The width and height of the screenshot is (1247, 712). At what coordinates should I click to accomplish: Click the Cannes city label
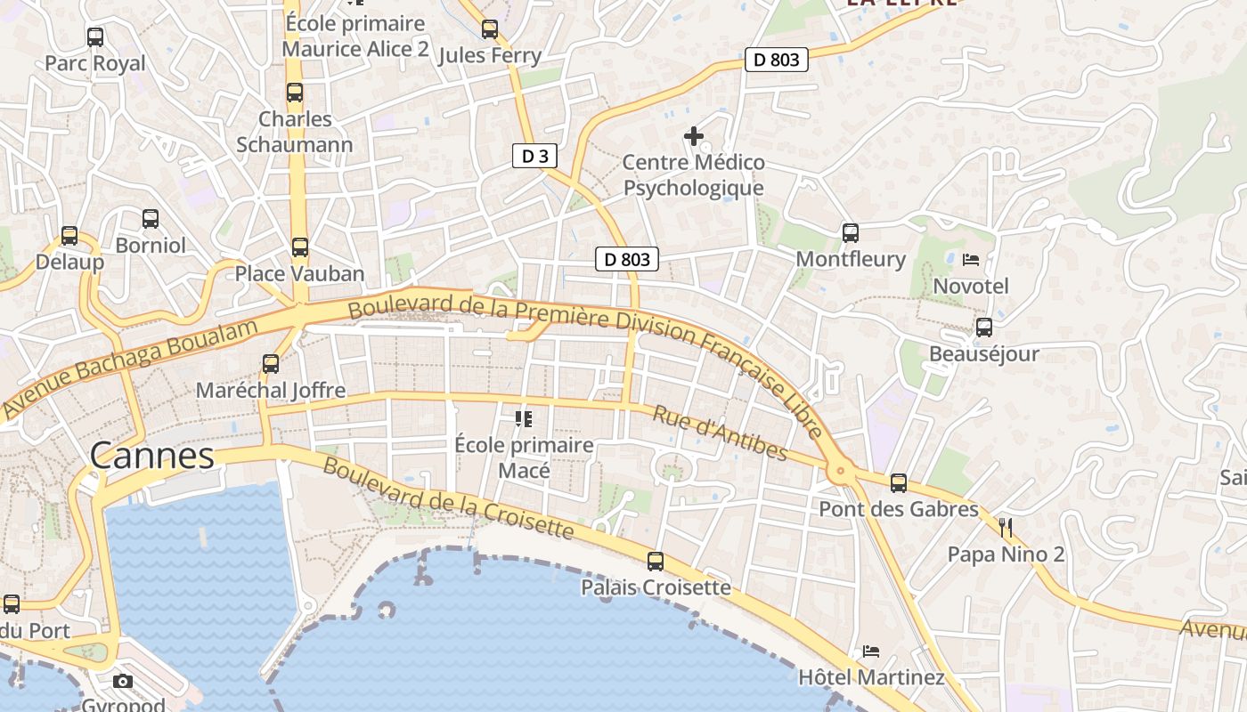[x=151, y=456]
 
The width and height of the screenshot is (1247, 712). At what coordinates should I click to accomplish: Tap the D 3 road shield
[x=534, y=157]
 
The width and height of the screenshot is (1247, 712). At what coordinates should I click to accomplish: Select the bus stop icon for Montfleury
[x=851, y=233]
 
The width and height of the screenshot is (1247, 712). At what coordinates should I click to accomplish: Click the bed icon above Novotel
[x=971, y=260]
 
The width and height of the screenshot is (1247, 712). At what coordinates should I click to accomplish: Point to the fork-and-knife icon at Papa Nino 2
[x=1006, y=528]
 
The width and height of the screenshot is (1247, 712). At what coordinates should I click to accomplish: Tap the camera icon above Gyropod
[x=123, y=682]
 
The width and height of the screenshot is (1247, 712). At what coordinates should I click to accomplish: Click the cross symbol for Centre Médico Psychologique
[x=693, y=136]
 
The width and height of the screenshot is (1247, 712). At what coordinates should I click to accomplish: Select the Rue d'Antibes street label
[x=720, y=434]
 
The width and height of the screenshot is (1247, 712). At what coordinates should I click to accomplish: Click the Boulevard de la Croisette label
[x=448, y=498]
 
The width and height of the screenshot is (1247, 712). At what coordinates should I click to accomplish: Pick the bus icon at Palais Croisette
[x=656, y=561]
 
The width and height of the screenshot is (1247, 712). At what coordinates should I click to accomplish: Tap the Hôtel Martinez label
[x=871, y=677]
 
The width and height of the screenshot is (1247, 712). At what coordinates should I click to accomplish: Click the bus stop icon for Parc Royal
[x=95, y=37]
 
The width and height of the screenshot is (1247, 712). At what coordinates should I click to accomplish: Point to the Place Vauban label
[x=299, y=273]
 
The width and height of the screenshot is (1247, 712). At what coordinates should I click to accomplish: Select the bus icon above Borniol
[x=151, y=219]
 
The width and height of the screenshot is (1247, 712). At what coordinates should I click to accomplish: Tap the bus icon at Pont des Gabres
[x=899, y=483]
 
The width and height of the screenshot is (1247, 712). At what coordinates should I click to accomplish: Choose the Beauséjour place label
[x=983, y=353]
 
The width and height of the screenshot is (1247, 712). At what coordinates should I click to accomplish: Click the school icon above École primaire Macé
[x=524, y=418]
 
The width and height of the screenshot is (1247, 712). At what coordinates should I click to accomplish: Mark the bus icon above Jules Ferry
[x=489, y=29]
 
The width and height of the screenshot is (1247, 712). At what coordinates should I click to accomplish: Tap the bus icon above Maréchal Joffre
[x=271, y=364]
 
